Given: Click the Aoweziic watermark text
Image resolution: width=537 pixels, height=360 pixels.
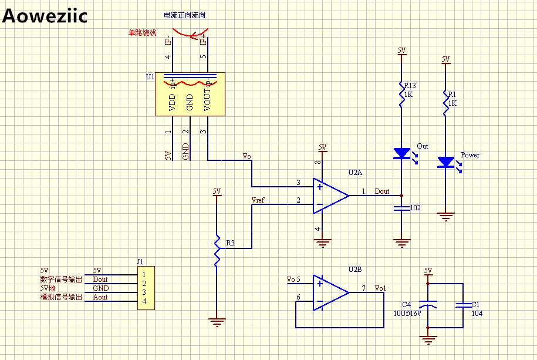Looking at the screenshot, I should pyautogui.click(x=45, y=16).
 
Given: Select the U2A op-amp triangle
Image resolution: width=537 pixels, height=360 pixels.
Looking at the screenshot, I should pyautogui.click(x=329, y=195).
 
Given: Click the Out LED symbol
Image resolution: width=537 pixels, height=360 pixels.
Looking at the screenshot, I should pyautogui.click(x=401, y=153).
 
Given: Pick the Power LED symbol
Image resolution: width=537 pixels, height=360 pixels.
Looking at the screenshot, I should pyautogui.click(x=446, y=162).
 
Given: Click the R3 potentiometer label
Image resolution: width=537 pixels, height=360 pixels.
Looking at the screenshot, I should pyautogui.click(x=230, y=243).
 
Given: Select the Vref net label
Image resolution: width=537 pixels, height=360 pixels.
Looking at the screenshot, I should pyautogui.click(x=258, y=200).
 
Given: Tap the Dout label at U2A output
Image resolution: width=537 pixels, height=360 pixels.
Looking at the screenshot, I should pyautogui.click(x=382, y=191).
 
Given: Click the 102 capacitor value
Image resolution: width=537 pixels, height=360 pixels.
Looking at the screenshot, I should pyautogui.click(x=415, y=208).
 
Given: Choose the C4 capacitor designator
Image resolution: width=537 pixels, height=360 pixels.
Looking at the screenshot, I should pyautogui.click(x=406, y=304).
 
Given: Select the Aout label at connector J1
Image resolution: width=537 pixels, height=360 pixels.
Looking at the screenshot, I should pyautogui.click(x=100, y=297).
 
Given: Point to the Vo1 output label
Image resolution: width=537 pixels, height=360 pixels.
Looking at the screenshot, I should pyautogui.click(x=380, y=288).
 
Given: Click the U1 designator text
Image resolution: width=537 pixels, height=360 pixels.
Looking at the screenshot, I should pyautogui.click(x=150, y=77).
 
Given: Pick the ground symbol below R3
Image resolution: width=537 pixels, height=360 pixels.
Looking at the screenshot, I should pyautogui.click(x=217, y=321).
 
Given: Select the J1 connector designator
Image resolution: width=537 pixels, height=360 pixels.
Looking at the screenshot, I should pyautogui.click(x=140, y=262).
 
